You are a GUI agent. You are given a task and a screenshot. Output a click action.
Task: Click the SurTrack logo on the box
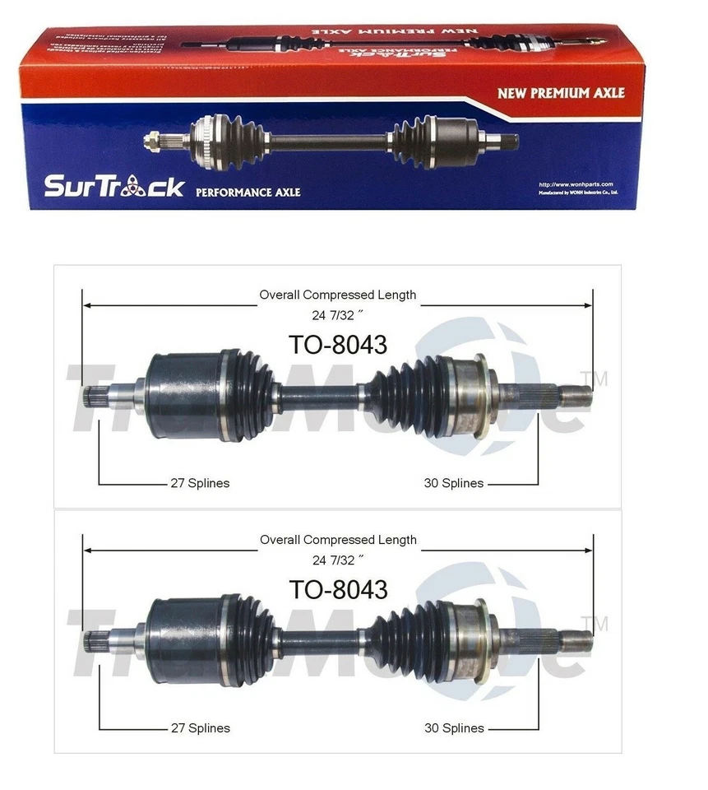(x=114, y=186)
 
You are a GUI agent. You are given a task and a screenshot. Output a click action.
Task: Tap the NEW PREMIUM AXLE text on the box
(x=560, y=93)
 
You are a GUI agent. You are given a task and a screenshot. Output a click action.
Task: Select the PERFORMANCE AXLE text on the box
(x=248, y=193)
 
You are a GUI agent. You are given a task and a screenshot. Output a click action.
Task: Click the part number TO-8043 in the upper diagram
(x=337, y=345)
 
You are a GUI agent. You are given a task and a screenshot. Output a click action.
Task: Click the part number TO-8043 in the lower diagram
(x=337, y=589)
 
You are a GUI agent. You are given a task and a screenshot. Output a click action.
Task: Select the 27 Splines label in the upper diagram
(x=200, y=483)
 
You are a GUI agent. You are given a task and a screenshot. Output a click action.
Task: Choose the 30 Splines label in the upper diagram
(x=453, y=483)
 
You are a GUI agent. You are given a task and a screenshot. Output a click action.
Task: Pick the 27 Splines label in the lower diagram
(x=200, y=727)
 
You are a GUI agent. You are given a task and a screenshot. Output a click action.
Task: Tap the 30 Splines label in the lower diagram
(x=453, y=727)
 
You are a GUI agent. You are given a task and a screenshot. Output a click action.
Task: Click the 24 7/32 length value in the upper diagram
(x=337, y=313)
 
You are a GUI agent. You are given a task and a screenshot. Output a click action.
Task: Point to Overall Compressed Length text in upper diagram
(x=337, y=295)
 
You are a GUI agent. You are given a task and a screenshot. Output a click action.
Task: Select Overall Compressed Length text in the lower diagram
(x=337, y=540)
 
